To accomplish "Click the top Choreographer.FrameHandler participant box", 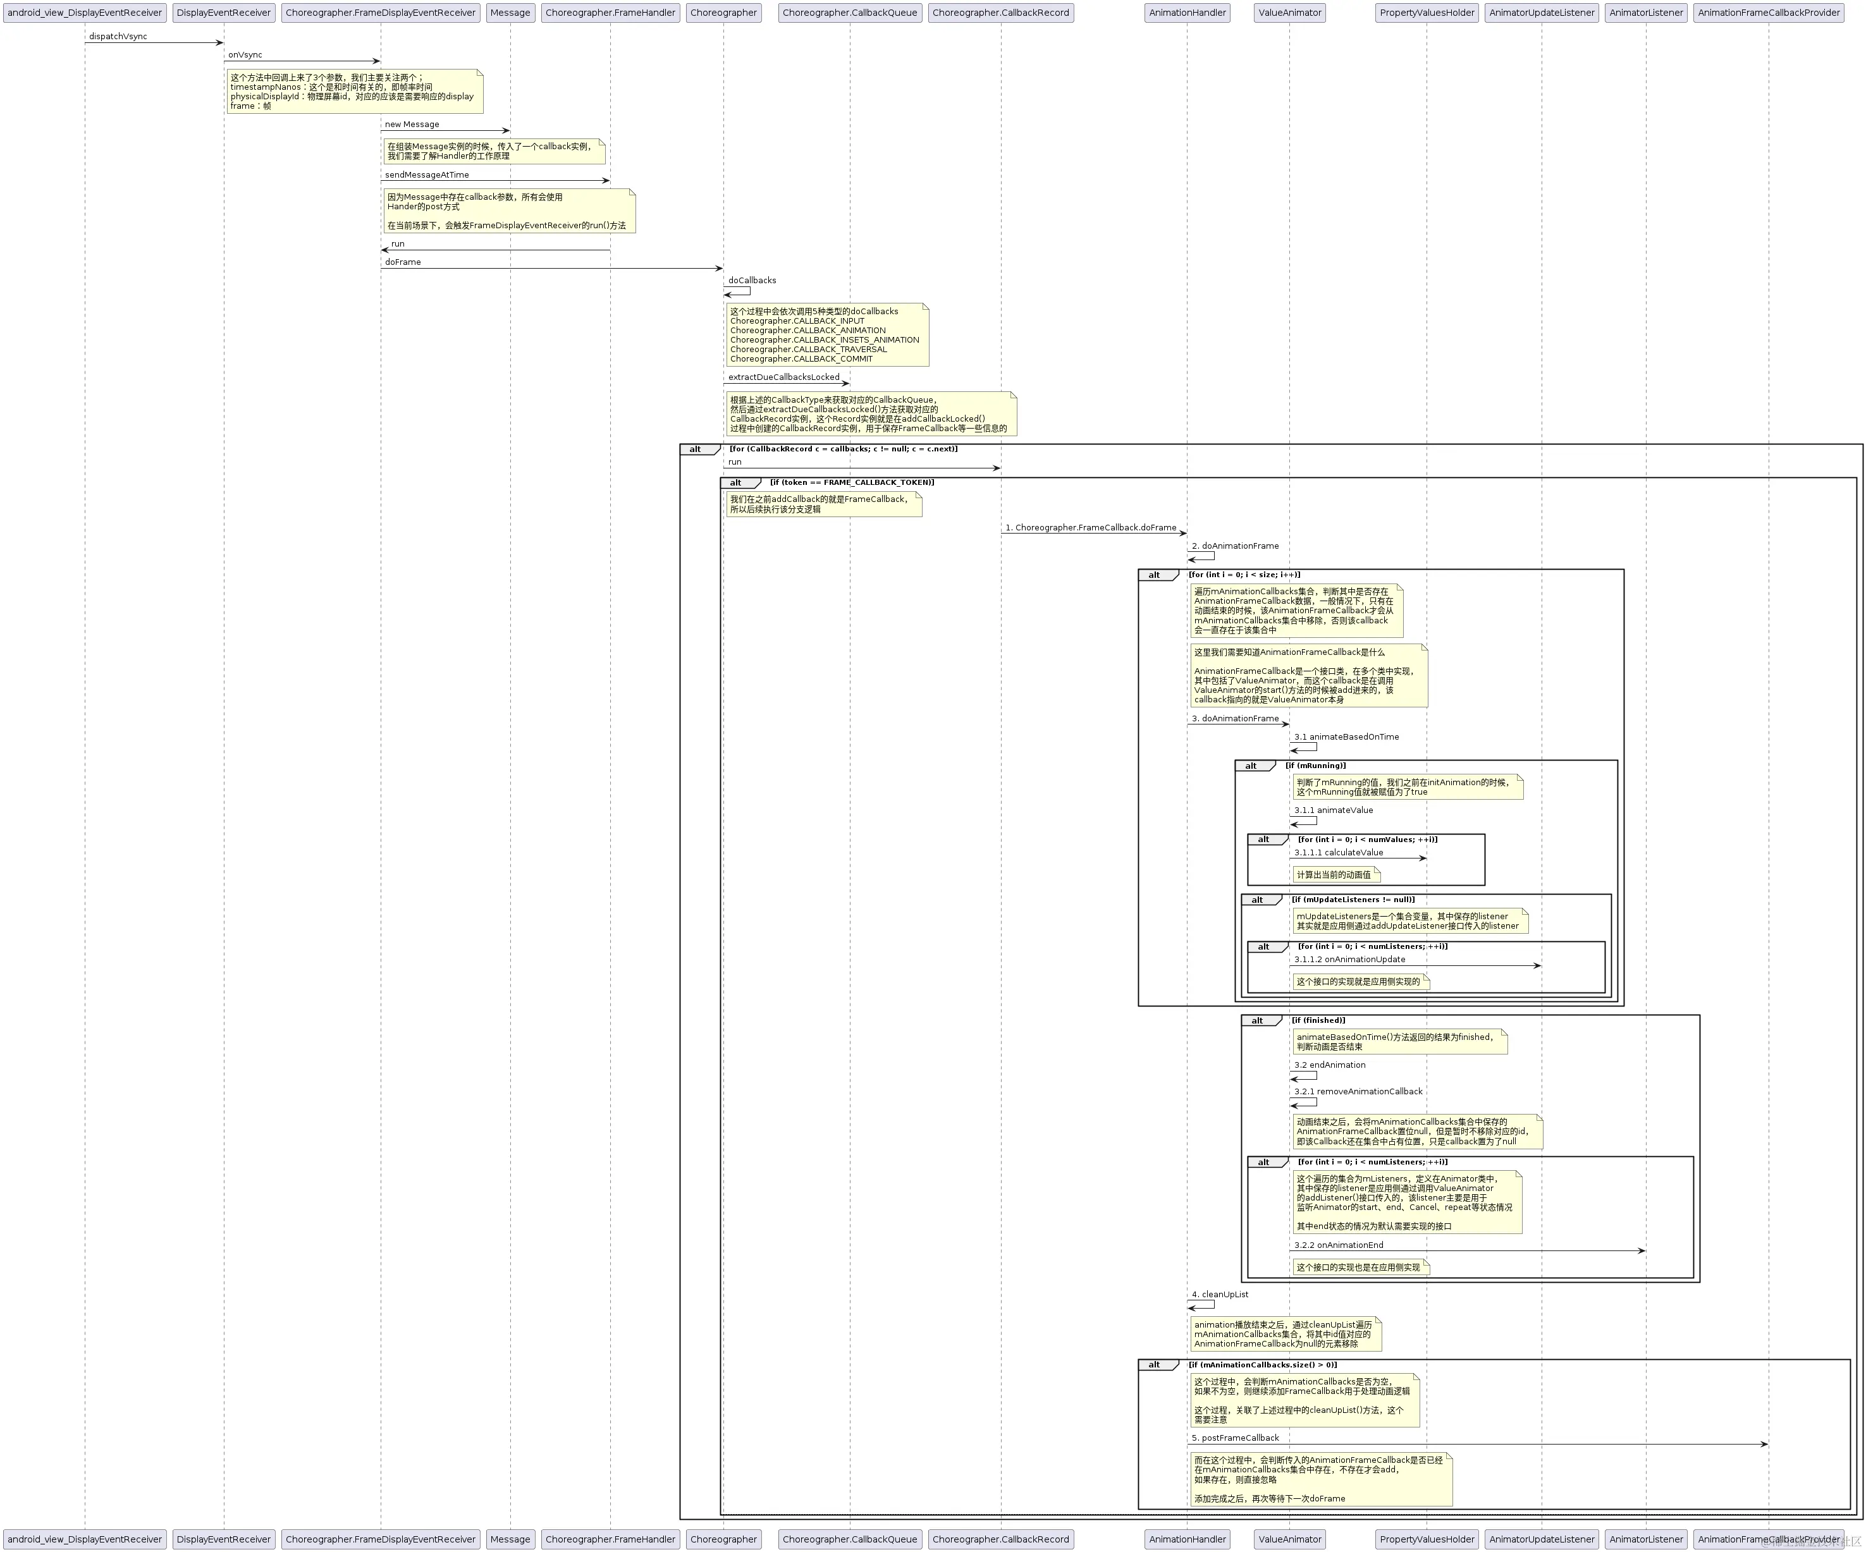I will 610,13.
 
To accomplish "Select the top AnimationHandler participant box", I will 1187,13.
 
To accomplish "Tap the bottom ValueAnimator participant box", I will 1289,1539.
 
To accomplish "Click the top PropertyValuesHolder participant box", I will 1427,13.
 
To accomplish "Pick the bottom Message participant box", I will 510,1539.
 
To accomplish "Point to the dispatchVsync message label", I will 118,37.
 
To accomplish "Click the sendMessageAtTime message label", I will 427,175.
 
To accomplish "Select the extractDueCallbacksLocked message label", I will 783,377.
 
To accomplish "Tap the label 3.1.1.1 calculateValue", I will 1338,852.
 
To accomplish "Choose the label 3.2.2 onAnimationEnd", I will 1338,1245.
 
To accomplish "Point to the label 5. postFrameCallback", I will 1235,1438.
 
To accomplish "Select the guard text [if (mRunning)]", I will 1315,766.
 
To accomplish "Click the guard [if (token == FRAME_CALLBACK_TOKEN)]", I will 851,482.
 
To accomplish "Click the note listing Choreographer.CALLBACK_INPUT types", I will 827,335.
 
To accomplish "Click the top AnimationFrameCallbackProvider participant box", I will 1768,13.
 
